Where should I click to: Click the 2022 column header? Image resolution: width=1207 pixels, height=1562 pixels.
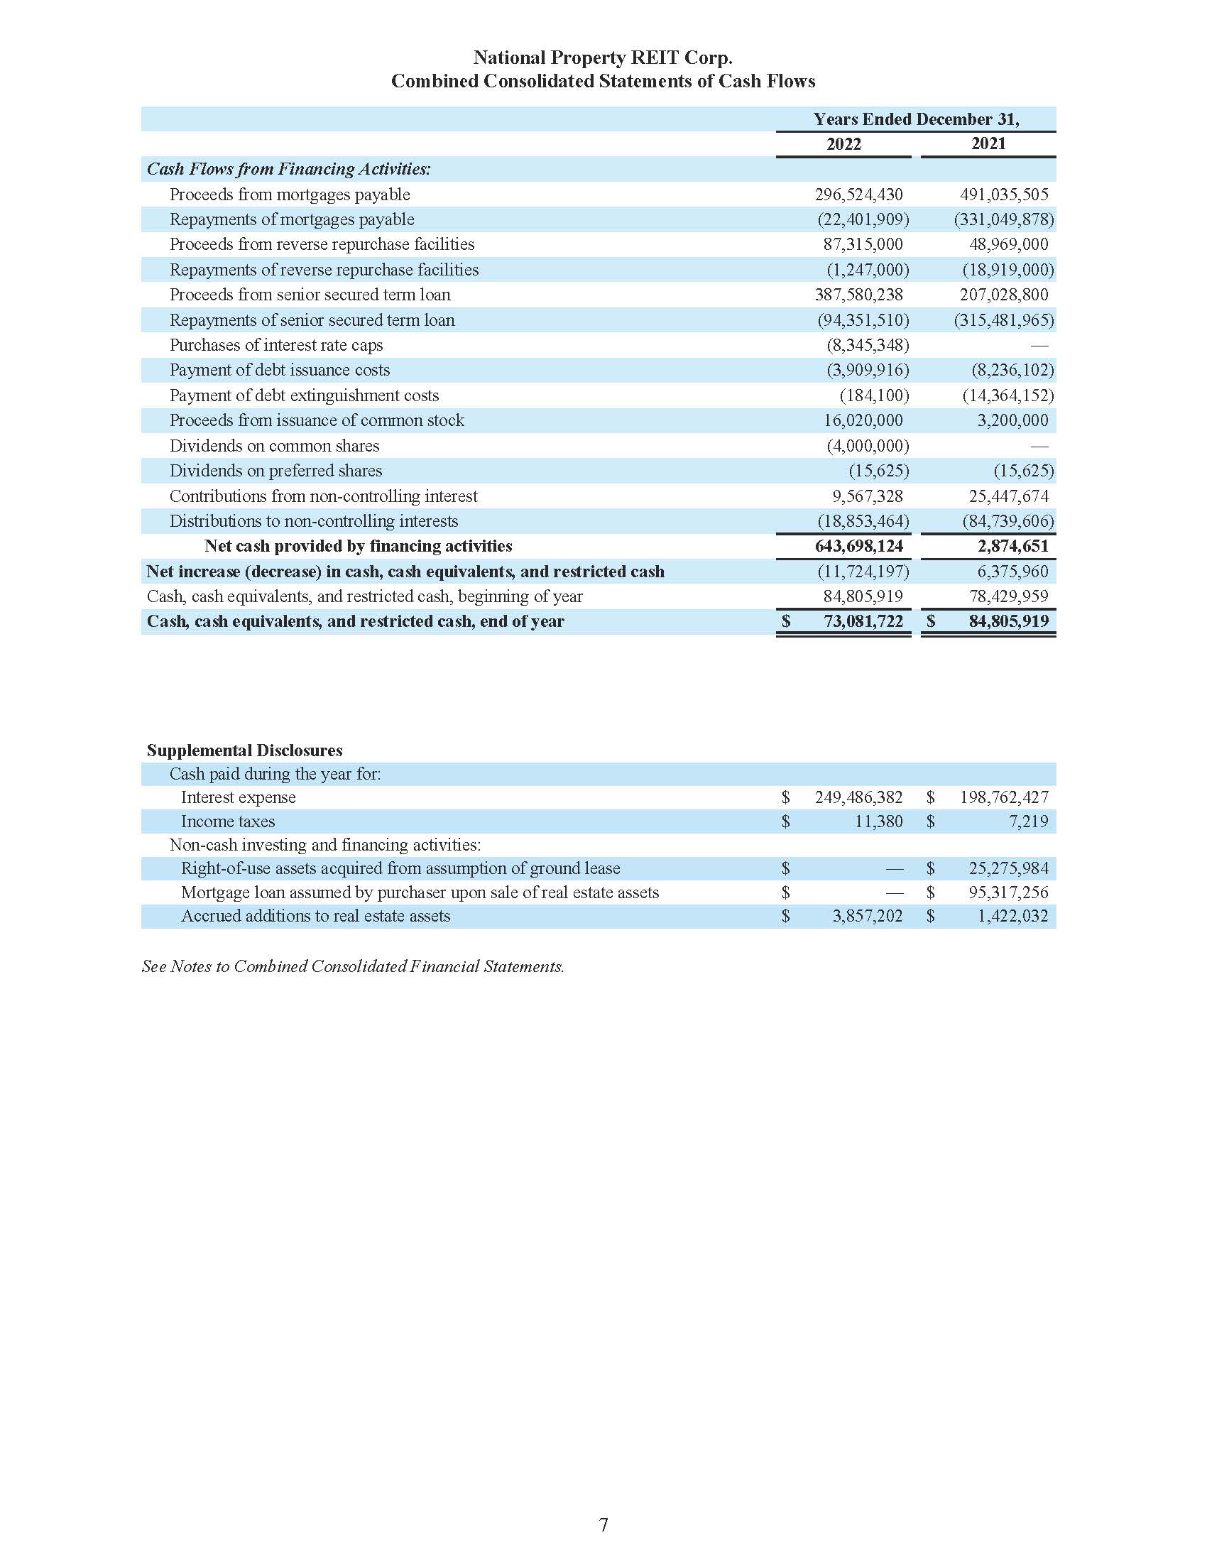point(843,143)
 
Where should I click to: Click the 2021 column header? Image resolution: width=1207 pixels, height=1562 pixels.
point(988,143)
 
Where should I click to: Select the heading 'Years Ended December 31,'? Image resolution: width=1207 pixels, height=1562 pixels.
point(916,119)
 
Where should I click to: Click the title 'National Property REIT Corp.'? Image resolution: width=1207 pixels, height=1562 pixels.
point(603,58)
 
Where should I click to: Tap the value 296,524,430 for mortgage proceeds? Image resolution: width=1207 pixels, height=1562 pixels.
point(858,195)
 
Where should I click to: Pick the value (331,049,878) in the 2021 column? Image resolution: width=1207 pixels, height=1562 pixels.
point(1004,219)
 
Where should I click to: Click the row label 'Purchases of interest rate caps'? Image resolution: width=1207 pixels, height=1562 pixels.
point(276,345)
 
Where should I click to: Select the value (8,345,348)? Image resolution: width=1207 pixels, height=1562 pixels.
point(868,345)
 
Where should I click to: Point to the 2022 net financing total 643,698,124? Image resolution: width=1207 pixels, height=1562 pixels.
point(859,547)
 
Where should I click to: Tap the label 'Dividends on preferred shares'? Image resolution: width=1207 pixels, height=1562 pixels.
point(275,471)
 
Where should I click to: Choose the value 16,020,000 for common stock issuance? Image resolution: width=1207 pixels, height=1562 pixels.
point(863,420)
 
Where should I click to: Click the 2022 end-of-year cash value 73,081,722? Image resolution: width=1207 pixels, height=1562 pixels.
point(863,621)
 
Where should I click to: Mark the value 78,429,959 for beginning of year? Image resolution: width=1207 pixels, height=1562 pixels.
point(1008,596)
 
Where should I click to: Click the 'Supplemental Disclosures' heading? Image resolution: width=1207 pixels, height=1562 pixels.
point(244,750)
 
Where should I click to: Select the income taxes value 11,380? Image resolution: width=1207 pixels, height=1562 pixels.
point(879,821)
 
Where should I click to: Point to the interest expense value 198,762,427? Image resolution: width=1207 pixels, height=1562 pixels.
point(1004,797)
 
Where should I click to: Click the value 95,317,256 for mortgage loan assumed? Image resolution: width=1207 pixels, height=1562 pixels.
point(1008,892)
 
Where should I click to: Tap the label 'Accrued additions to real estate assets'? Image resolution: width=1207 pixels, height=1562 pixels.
point(315,916)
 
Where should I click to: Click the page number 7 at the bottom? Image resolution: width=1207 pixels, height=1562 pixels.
point(603,1525)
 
